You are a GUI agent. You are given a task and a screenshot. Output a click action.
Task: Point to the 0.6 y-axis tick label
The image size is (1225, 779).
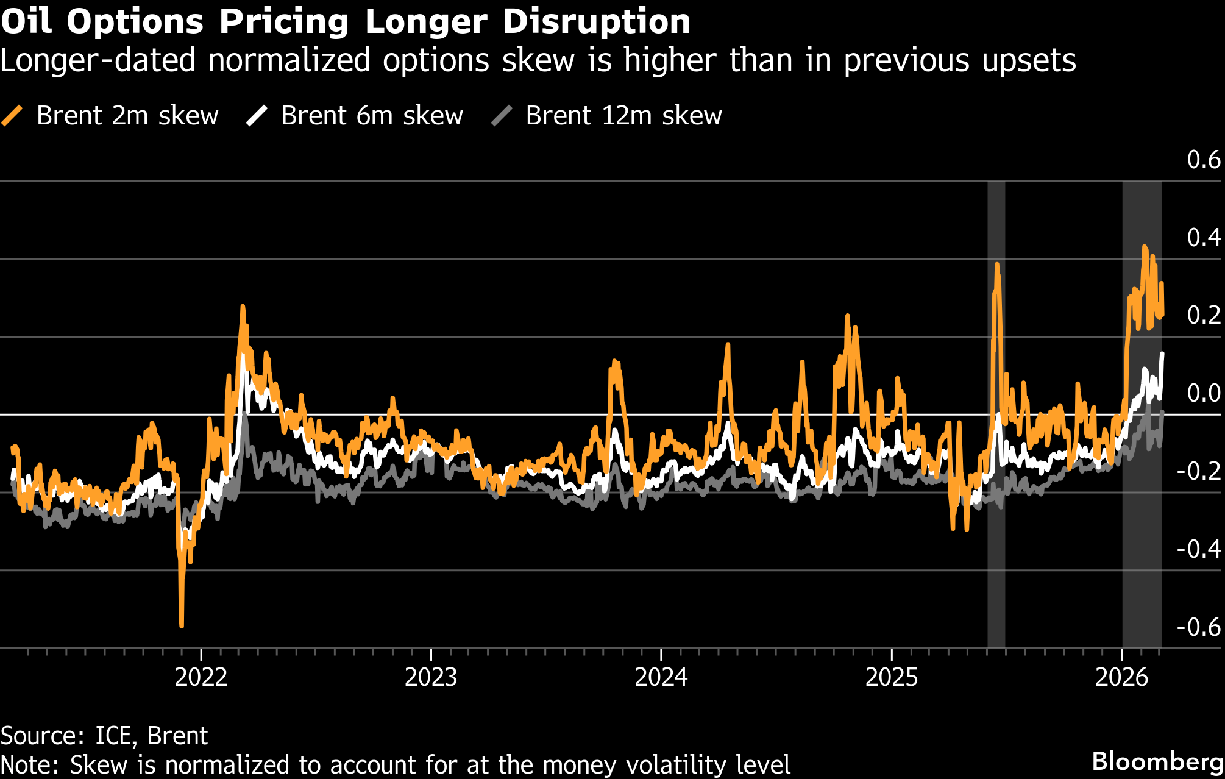point(1204,160)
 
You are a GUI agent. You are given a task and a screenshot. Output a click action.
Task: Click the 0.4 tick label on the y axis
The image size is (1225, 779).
point(1204,238)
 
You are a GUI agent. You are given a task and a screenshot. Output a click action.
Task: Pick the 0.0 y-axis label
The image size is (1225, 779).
point(1204,393)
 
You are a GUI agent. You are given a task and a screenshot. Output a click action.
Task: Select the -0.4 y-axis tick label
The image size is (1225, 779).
point(1199,549)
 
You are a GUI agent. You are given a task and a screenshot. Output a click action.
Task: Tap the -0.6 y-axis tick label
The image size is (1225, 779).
point(1199,627)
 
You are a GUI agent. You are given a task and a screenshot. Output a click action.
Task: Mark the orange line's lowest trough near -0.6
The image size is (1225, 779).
point(182,625)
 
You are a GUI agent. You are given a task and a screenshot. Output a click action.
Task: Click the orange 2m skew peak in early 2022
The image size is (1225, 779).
point(243,307)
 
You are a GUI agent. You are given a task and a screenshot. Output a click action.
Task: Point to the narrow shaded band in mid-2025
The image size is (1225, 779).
point(996,414)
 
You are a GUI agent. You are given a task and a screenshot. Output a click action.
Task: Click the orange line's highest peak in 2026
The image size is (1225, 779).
point(1145,247)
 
